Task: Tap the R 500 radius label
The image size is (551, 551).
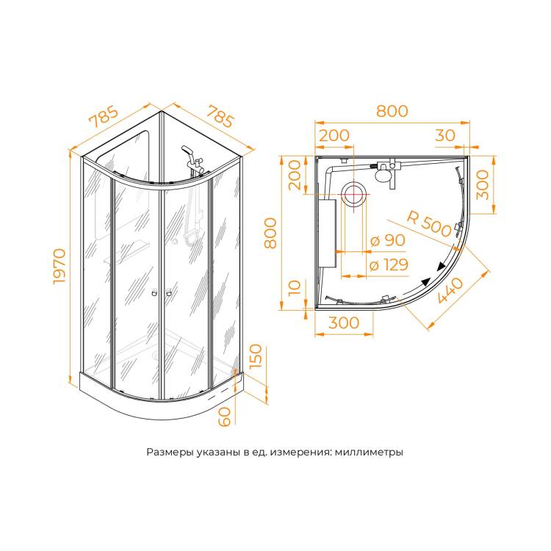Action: (429, 224)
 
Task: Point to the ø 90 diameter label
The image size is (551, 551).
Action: (388, 240)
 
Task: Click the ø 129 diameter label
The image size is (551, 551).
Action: (389, 264)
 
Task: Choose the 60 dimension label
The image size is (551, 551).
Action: (224, 417)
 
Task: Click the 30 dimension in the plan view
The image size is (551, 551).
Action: (445, 135)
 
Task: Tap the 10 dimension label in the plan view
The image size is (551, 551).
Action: (295, 287)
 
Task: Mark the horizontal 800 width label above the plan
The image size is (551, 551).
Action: (392, 111)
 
